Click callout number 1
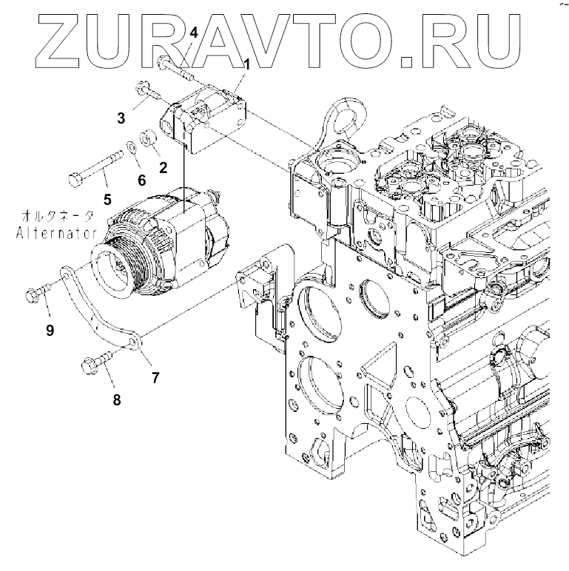click(246, 64)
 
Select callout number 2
click(163, 168)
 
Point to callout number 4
click(194, 33)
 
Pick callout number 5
click(107, 198)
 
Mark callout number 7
click(155, 377)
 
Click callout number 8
click(116, 400)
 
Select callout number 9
click(50, 331)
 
